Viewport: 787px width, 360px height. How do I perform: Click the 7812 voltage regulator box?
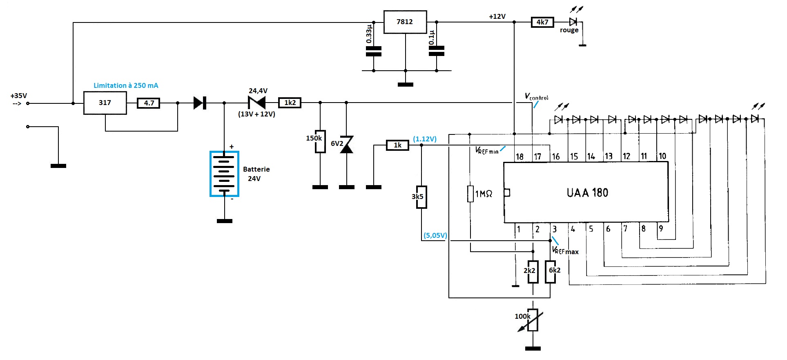point(405,22)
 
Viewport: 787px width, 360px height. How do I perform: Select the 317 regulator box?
point(105,103)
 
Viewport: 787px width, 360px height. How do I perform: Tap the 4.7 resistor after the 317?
point(149,103)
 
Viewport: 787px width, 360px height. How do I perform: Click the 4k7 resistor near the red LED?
point(542,22)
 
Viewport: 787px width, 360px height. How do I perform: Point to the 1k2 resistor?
point(290,103)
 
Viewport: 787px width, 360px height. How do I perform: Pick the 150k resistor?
point(320,141)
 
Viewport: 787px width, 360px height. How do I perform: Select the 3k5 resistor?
point(421,197)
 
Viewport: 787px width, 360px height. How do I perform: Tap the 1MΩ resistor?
point(470,194)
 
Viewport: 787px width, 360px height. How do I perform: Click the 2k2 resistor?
point(533,272)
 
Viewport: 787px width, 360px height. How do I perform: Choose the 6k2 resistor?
point(550,272)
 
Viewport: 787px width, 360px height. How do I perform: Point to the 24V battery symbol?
point(224,174)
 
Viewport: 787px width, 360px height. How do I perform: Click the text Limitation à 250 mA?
point(126,85)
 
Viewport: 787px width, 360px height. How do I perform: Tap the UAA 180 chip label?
point(587,192)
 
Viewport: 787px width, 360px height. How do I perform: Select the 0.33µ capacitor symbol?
point(374,51)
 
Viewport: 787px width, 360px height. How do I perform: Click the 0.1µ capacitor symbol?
point(437,51)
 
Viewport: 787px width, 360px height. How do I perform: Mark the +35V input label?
point(19,96)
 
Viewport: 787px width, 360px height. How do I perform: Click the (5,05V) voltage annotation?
point(435,235)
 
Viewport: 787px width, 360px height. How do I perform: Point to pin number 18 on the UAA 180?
point(519,157)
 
